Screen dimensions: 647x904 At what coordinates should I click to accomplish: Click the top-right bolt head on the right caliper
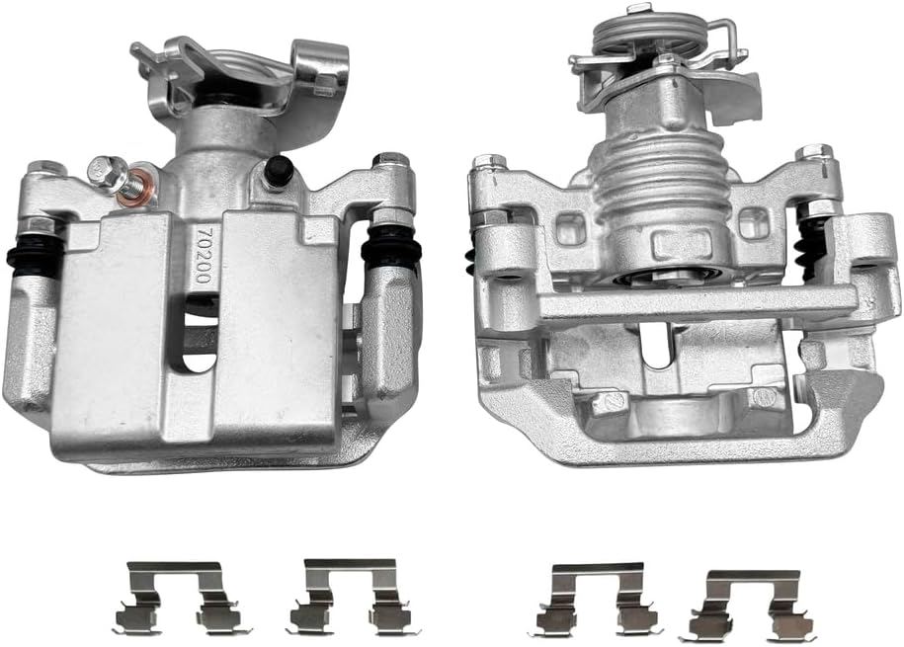pos(814,154)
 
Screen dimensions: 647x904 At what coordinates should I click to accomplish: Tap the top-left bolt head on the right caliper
pos(489,163)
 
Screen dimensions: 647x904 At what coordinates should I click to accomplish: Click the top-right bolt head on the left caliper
pos(390,161)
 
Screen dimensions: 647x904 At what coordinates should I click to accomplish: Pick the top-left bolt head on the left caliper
pos(44,169)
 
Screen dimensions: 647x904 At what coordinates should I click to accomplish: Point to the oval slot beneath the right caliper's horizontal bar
pos(656,345)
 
